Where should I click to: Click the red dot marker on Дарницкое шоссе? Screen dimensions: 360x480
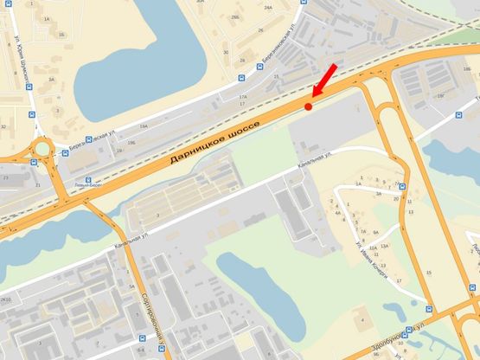click(x=308, y=106)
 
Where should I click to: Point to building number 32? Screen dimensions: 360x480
click(x=3, y=126)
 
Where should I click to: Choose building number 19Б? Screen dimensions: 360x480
click(x=131, y=141)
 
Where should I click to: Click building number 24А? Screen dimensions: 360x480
click(x=267, y=7)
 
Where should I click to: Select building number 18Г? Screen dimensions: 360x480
click(x=440, y=96)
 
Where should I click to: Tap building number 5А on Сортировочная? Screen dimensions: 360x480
click(x=131, y=286)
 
